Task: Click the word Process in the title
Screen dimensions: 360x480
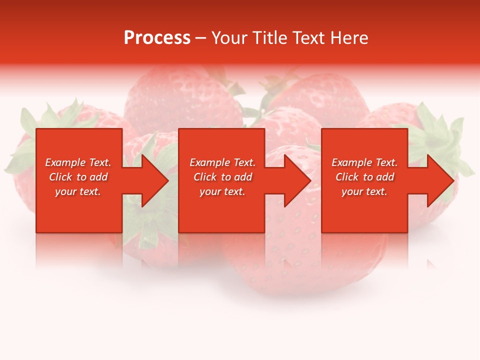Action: (157, 38)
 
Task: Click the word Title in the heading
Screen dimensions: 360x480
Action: (270, 38)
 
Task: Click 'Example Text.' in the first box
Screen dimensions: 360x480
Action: (78, 162)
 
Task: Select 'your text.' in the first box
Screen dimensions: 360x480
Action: (78, 191)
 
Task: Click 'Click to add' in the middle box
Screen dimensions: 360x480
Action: (222, 177)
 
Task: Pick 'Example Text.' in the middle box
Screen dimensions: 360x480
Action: (222, 162)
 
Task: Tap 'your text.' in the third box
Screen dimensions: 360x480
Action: (364, 191)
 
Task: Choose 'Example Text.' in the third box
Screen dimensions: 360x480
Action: (364, 162)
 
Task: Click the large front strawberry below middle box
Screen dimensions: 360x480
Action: (300, 260)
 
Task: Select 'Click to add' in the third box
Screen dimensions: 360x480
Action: (364, 177)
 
